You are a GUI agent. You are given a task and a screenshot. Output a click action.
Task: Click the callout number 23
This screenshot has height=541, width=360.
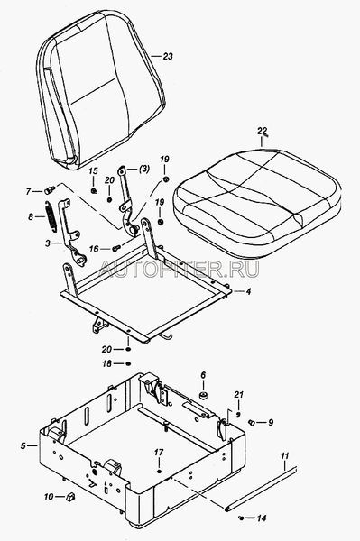tap(168, 56)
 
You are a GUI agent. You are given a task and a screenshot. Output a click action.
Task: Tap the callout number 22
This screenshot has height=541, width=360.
tap(262, 131)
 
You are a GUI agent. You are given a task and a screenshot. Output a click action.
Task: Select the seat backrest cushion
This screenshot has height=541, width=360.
tap(101, 90)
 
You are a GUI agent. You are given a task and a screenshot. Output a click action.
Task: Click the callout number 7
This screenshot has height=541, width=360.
tap(28, 191)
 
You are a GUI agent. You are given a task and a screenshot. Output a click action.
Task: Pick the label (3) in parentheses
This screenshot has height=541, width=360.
tap(144, 170)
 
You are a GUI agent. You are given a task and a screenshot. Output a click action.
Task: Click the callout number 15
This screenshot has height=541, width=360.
tap(93, 171)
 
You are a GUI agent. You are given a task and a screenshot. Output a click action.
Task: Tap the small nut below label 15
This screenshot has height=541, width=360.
tap(93, 190)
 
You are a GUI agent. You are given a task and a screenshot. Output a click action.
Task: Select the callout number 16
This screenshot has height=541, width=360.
tap(94, 249)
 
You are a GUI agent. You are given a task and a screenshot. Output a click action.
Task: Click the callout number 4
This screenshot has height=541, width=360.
tap(248, 291)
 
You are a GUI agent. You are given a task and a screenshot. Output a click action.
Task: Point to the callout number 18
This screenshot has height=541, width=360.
tap(107, 363)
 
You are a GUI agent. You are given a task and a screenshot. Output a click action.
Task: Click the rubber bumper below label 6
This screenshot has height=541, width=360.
tap(204, 395)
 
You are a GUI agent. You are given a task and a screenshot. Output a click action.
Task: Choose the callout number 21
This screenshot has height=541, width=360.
tap(239, 394)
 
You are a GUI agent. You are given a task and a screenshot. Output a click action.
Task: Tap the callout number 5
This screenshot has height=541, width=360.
tap(23, 445)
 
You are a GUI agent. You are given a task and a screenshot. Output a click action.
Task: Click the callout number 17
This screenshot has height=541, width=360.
tap(159, 453)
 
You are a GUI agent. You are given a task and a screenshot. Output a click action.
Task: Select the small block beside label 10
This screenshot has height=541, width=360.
tap(70, 497)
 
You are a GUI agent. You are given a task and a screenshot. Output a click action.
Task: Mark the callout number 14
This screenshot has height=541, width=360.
tap(262, 518)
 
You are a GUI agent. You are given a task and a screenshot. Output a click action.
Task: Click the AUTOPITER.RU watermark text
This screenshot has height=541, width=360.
tap(179, 269)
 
